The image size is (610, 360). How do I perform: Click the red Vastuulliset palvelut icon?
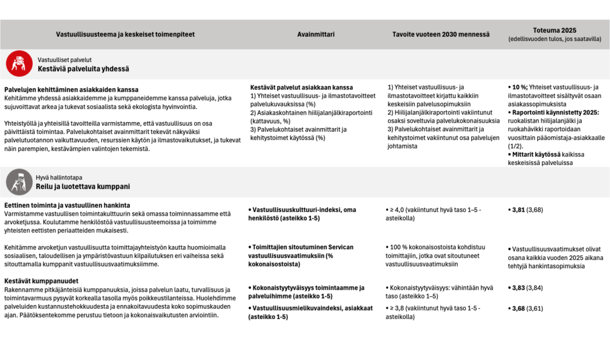(x=20, y=64)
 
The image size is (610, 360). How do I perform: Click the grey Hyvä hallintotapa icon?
(x=20, y=182)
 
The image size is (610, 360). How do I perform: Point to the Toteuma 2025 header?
(x=555, y=30)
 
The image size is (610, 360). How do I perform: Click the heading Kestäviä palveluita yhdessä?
(x=83, y=69)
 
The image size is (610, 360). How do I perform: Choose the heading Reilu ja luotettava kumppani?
(x=83, y=187)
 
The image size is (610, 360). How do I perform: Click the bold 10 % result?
(x=519, y=88)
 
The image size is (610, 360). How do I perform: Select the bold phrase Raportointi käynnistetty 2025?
(x=556, y=111)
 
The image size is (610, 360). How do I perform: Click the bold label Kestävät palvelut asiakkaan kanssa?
(x=301, y=88)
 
